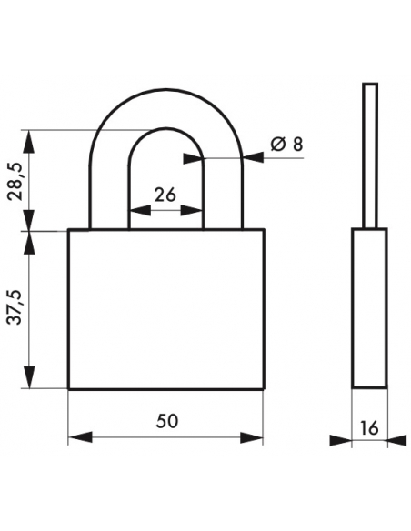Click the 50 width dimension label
tap(167, 421)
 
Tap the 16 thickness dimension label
tap(368, 428)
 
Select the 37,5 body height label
tap(15, 308)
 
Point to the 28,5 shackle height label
tap(15, 181)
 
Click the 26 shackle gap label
tap(165, 195)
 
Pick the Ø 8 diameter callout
tap(286, 145)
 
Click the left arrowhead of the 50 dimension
tap(80, 437)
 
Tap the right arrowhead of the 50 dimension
tap(252, 437)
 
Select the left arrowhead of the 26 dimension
tap(139, 210)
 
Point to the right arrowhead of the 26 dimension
tap(192, 210)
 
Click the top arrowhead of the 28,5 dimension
tap(30, 142)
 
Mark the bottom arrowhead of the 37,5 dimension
tap(30, 377)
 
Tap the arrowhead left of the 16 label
tap(341, 440)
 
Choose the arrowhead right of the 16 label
tap(397, 440)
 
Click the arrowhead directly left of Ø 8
tap(254, 157)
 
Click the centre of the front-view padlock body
tap(165, 309)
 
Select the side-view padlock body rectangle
tap(369, 308)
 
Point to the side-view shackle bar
tap(370, 155)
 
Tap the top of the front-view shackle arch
tap(165, 91)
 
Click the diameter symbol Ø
tap(277, 145)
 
